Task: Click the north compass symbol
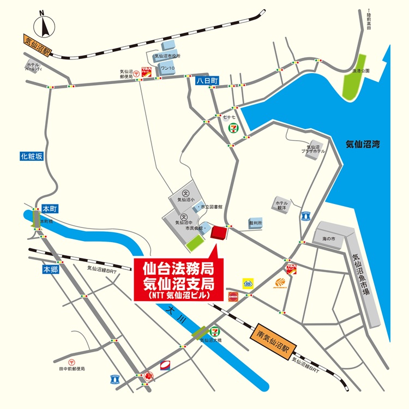coord(43,25)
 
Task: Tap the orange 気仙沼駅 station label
coord(37,45)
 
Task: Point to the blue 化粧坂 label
coord(31,157)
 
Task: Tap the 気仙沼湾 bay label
coord(363,145)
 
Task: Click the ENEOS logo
coord(233,296)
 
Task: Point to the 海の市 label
coord(328,239)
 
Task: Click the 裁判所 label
coord(256,223)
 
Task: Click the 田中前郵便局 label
coord(72,369)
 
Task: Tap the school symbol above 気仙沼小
coord(185,193)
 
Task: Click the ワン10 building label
coord(167,68)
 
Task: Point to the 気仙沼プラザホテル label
coord(315,149)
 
